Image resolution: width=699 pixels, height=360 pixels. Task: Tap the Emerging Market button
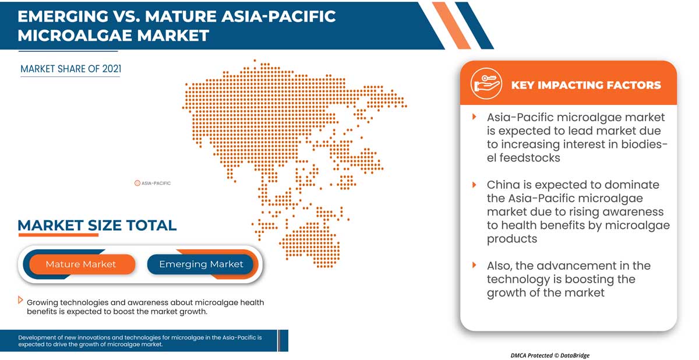tap(201, 264)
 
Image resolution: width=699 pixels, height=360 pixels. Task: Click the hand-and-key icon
tap(486, 84)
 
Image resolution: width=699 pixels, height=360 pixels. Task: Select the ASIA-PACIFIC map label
tap(156, 183)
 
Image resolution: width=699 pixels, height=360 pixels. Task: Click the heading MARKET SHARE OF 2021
tap(71, 69)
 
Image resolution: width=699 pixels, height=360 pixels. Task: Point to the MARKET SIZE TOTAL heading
tap(97, 225)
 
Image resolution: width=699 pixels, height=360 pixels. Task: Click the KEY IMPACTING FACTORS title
tap(586, 85)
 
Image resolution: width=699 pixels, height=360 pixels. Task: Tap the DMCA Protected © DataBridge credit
tap(550, 355)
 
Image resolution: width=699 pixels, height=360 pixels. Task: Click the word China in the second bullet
tap(503, 185)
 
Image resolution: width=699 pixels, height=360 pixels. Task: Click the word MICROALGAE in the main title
tap(75, 36)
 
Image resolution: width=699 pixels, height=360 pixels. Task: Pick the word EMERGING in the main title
tap(63, 16)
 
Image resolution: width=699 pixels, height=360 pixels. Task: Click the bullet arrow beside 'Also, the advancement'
tap(474, 265)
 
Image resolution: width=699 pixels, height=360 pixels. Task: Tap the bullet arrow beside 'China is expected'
tap(474, 185)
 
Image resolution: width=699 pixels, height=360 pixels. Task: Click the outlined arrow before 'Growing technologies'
tap(20, 300)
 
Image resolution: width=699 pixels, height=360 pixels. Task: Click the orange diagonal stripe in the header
tap(451, 26)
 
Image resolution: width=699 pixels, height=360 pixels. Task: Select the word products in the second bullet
tap(512, 239)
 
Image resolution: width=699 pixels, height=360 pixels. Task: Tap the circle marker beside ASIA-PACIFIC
tap(137, 183)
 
